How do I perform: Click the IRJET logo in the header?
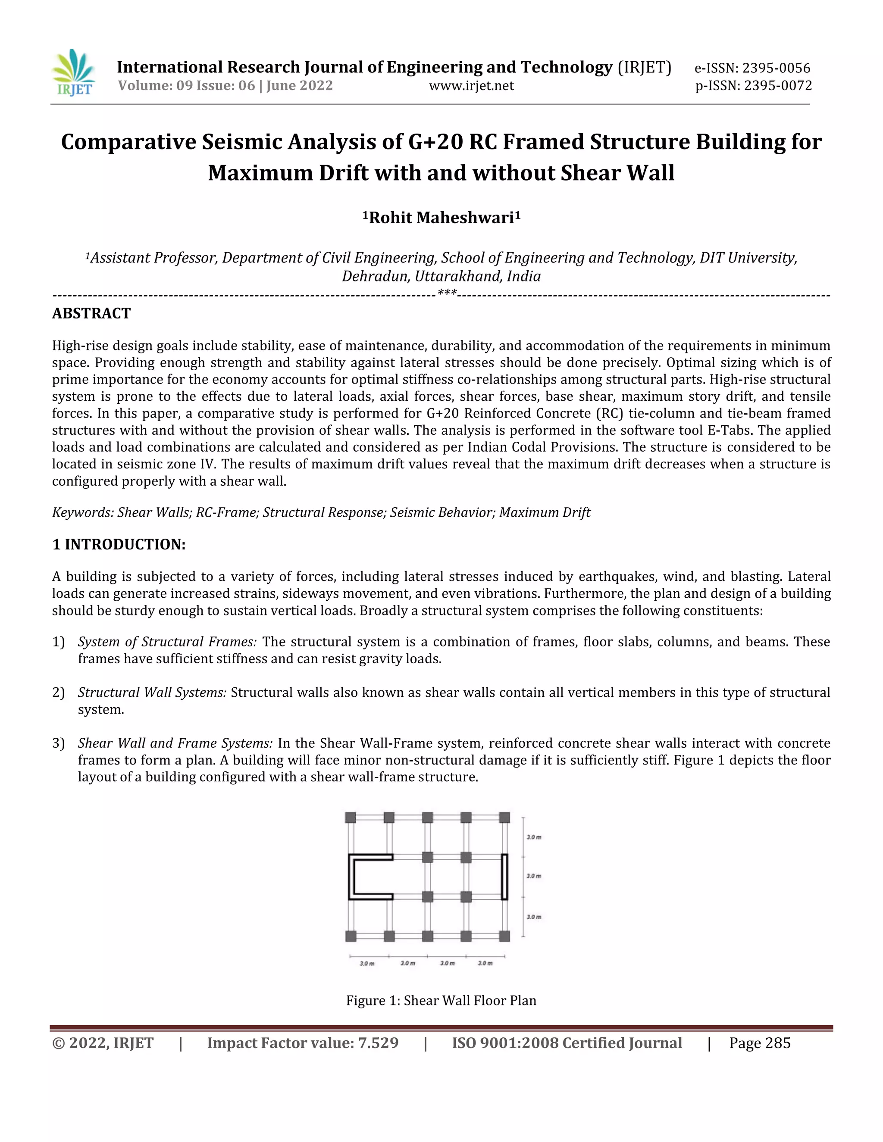point(74,73)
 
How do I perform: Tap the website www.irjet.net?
point(471,86)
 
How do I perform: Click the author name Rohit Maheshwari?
point(441,218)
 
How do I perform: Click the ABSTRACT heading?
point(91,313)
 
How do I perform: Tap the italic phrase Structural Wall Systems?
point(152,693)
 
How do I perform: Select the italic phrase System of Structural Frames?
point(167,642)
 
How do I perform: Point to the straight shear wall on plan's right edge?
point(504,877)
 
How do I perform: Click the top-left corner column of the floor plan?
point(351,817)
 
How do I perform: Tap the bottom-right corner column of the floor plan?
point(504,936)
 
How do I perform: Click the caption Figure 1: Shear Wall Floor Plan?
point(441,1000)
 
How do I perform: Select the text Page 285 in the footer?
point(760,1043)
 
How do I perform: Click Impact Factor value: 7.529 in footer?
point(302,1043)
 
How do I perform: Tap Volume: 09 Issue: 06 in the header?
point(186,86)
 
